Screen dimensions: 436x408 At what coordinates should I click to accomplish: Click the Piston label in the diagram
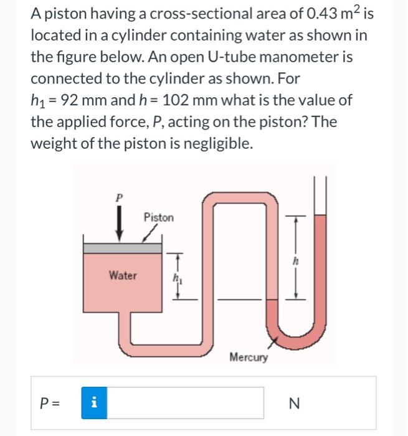click(x=159, y=217)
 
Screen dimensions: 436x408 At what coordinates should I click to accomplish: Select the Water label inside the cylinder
click(x=123, y=275)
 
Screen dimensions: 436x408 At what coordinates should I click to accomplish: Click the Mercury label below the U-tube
click(x=249, y=357)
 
